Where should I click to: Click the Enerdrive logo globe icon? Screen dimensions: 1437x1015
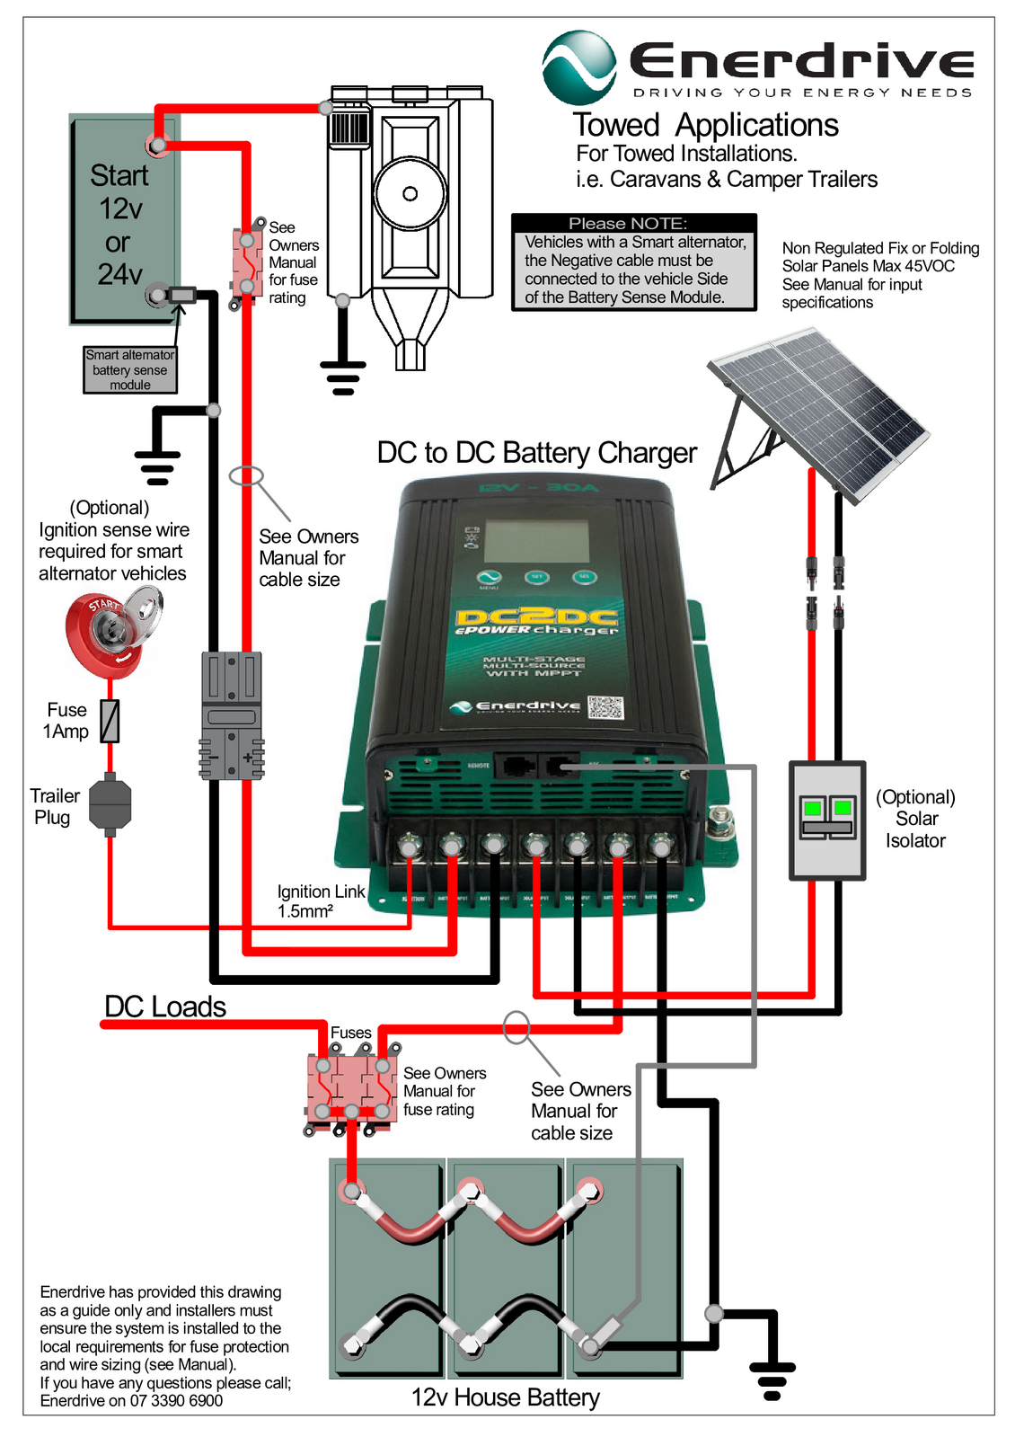click(x=579, y=68)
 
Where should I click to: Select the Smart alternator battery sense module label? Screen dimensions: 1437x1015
click(x=130, y=370)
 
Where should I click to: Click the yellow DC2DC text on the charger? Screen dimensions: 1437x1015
click(x=536, y=616)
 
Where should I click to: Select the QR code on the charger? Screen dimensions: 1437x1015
click(x=605, y=707)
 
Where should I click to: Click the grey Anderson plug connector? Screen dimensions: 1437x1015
click(x=232, y=715)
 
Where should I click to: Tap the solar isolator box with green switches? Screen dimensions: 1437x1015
click(x=827, y=820)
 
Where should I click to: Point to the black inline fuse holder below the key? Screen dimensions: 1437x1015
click(x=110, y=803)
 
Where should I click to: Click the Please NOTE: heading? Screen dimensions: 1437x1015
click(x=628, y=223)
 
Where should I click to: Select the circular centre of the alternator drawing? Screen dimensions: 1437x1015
click(x=410, y=193)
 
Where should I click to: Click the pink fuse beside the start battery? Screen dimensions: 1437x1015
click(x=247, y=263)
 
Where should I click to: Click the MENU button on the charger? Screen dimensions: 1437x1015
click(x=489, y=578)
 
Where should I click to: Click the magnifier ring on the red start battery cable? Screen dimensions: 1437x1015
click(x=245, y=475)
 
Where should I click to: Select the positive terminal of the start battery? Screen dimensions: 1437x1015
click(x=158, y=145)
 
